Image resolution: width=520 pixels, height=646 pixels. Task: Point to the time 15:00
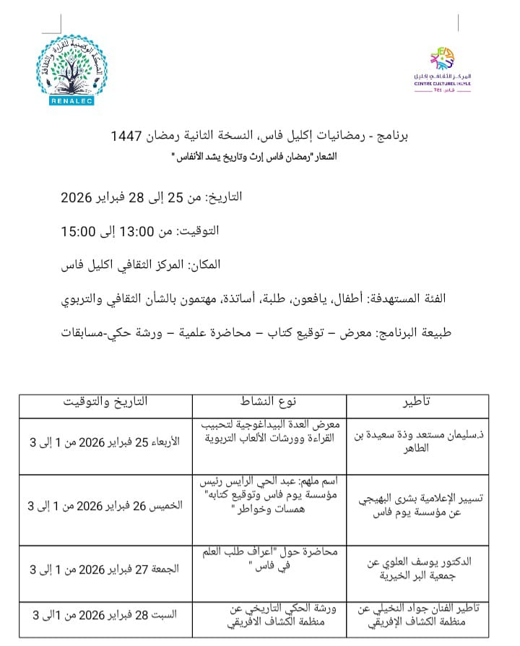pyautogui.click(x=79, y=231)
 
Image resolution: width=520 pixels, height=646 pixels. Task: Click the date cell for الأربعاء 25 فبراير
pyautogui.click(x=106, y=442)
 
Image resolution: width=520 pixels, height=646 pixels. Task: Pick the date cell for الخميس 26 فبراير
pyautogui.click(x=106, y=505)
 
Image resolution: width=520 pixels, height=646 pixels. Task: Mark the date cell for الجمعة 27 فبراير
pyautogui.click(x=106, y=569)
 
